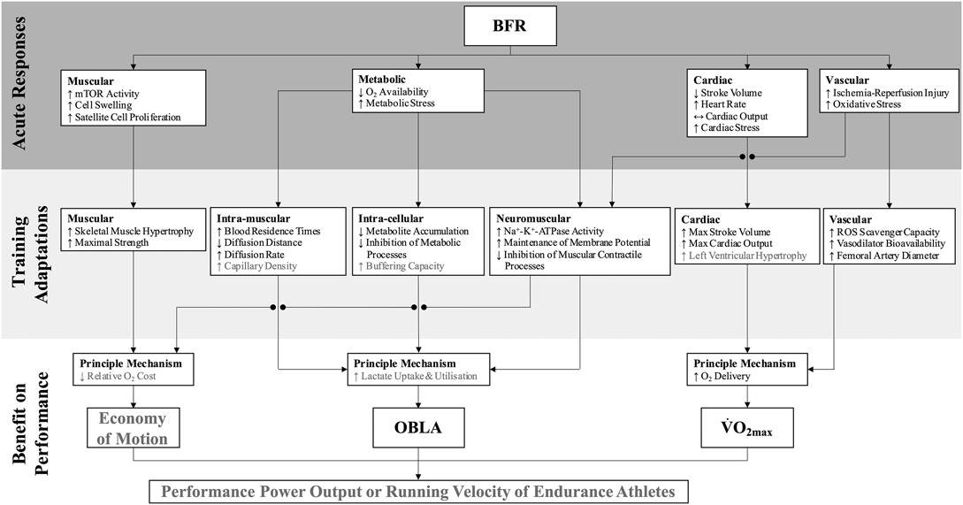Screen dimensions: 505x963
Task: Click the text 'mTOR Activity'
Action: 107,94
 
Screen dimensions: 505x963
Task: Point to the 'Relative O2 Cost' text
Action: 134,377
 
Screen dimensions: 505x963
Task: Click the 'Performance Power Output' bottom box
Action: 418,490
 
